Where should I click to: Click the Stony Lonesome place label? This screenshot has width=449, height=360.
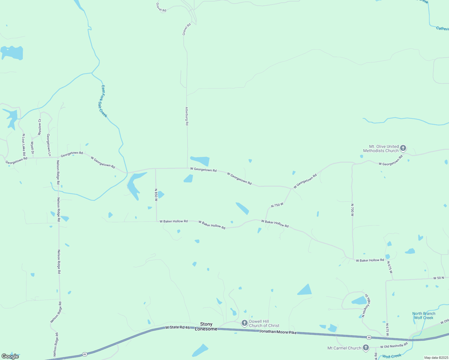[206, 326]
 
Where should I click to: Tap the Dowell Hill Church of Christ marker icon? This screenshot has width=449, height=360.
[245, 323]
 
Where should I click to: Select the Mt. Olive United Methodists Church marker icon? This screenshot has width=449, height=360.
[403, 148]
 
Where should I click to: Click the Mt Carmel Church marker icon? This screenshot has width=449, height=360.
[366, 348]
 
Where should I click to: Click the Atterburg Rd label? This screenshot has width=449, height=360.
[187, 116]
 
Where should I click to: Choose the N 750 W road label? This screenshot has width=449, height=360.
[277, 205]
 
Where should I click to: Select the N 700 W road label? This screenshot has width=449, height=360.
[352, 210]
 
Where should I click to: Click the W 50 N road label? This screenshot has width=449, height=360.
[438, 278]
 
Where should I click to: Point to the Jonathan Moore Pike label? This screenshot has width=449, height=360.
[278, 332]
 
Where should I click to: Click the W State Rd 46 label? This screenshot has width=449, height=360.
[177, 327]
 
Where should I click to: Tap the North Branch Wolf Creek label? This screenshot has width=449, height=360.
[424, 316]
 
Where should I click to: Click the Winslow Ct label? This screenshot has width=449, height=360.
[40, 127]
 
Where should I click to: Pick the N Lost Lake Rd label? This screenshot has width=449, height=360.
[24, 142]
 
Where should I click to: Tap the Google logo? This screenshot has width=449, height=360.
[10, 356]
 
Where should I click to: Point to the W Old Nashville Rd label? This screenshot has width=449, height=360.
[394, 346]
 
